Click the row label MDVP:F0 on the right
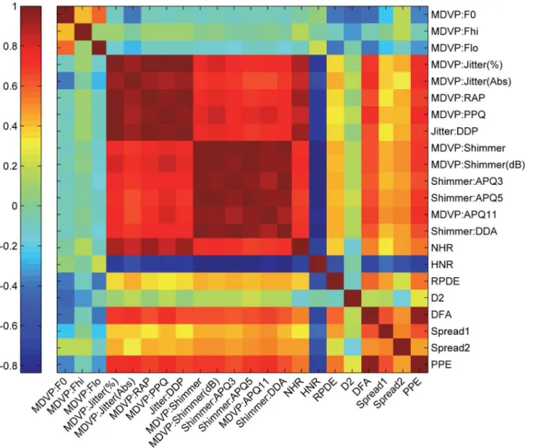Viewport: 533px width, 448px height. tap(453, 15)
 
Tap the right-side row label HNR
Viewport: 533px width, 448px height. tap(442, 265)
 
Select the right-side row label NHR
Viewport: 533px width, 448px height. tap(442, 248)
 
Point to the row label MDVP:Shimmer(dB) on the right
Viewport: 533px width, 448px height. tap(478, 165)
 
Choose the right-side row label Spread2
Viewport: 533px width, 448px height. tap(450, 347)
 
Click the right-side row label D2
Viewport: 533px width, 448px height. tap(437, 298)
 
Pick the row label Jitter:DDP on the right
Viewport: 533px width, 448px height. tap(455, 131)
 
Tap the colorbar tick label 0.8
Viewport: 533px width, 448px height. tap(10, 46)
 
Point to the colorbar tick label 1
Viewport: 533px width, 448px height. tap(14, 6)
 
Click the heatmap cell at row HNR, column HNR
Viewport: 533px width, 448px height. tap(318, 265)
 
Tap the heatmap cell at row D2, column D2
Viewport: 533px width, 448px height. tap(351, 298)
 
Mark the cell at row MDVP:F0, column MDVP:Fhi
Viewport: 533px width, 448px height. tap(83, 15)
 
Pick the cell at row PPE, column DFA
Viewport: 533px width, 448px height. tap(369, 365)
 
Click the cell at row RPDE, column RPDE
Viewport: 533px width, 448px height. tap(335, 281)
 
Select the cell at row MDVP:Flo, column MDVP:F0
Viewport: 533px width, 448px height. tap(66, 48)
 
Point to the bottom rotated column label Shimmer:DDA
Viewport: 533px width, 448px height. tap(261, 403)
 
